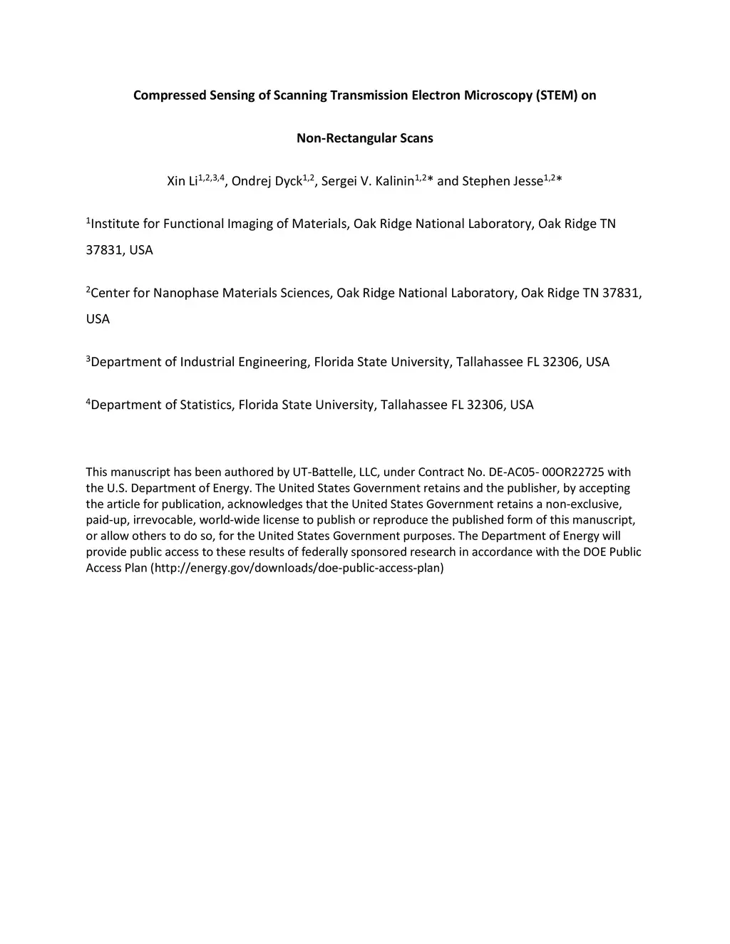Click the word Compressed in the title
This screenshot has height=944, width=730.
167,95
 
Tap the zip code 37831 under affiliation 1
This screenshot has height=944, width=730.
104,250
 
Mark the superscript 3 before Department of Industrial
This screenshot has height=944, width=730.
88,359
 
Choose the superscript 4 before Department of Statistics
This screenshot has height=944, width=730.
88,402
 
